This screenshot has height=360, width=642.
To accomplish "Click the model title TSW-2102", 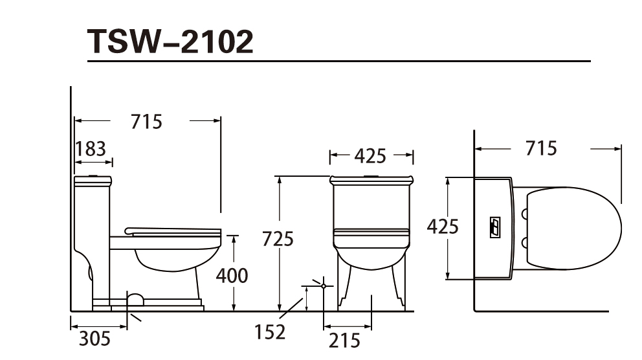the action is tap(170, 41).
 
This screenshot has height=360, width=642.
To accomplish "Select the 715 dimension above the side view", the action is tap(146, 122).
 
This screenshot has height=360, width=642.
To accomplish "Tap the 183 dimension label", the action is tap(91, 149).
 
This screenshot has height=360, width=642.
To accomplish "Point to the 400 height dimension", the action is tap(232, 276).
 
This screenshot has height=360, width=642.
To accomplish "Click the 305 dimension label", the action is tap(94, 339).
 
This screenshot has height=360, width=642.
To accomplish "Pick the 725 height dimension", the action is tap(278, 239).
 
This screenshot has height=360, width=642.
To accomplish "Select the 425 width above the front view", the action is tap(370, 156).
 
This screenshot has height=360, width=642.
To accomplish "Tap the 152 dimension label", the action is tap(270, 332).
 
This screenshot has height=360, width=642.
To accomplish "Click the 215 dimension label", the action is tap(344, 341).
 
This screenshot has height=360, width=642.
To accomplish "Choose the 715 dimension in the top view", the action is tap(541, 148).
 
